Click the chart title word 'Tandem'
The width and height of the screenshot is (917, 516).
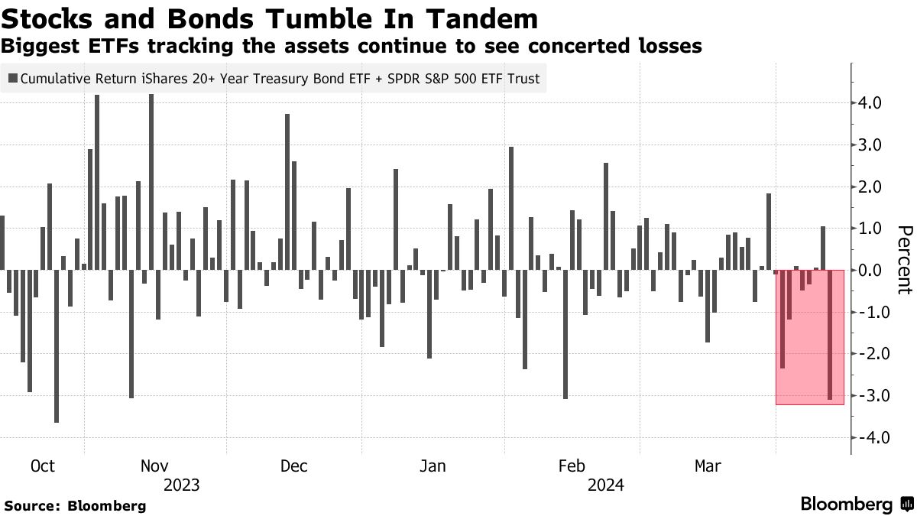click(483, 18)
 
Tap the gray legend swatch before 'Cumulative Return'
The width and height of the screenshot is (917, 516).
click(13, 78)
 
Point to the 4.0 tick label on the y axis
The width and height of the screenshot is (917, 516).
click(871, 103)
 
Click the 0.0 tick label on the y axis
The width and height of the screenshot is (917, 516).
click(871, 270)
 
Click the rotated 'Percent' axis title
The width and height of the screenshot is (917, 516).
click(905, 260)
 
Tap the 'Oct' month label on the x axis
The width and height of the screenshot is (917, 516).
click(44, 466)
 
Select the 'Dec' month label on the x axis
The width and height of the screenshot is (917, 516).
click(294, 466)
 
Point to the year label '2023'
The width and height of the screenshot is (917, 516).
click(181, 485)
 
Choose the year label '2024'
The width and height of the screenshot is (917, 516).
click(605, 485)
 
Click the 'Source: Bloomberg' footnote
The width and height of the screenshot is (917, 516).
click(75, 505)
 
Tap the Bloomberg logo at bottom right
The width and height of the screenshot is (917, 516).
click(857, 504)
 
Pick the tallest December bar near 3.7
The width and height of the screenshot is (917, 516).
click(287, 192)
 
